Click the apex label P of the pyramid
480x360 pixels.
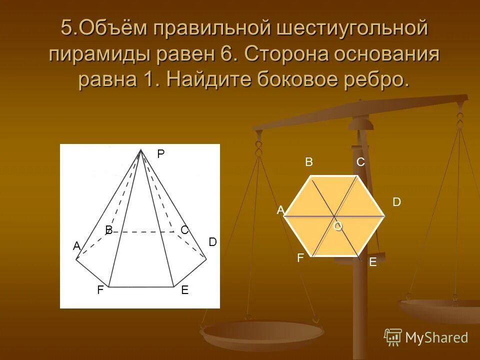tap(160, 154)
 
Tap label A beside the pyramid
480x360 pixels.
tap(76, 246)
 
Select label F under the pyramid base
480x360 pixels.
tap(100, 290)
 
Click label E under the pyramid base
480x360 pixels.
tap(184, 290)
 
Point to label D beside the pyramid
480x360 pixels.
tap(212, 242)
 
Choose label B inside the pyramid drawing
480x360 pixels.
tap(108, 230)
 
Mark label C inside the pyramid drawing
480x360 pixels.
tap(184, 230)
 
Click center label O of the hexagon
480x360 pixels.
tap(338, 226)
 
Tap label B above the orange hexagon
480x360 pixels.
tap(308, 162)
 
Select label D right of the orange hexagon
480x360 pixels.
tap(396, 202)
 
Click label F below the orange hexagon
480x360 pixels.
tap(300, 258)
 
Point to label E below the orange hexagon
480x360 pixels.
tap(372, 262)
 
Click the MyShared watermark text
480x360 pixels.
tap(436, 337)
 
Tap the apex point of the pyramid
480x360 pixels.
tap(141, 149)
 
